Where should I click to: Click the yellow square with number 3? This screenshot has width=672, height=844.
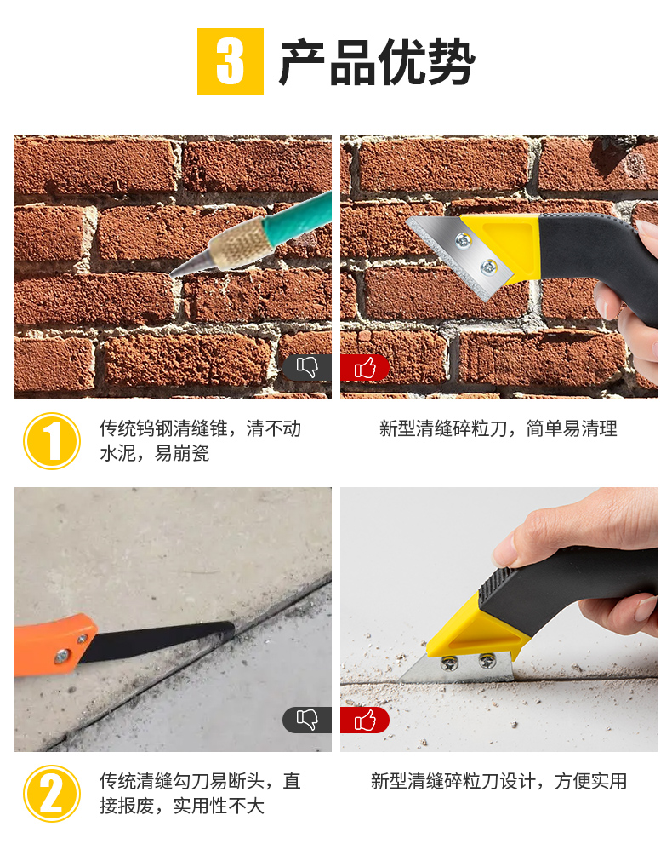point(230,61)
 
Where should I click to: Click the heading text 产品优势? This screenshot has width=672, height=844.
point(376,62)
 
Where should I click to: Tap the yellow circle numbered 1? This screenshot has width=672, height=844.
point(52,441)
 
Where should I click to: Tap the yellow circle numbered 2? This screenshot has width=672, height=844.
point(52,794)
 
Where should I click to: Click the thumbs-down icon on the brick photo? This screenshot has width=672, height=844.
point(307,368)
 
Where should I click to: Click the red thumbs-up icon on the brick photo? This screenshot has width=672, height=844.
point(364,368)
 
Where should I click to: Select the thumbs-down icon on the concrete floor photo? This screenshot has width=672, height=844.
point(307,720)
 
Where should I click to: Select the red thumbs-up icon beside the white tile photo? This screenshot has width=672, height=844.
point(364,720)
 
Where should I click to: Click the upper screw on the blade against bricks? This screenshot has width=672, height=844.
point(463,240)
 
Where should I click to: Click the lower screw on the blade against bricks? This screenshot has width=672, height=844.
point(488,266)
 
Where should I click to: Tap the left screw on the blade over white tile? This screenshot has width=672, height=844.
point(449,664)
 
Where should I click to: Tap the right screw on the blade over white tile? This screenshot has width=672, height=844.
point(487,660)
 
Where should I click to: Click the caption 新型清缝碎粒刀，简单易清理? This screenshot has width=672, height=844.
point(498,428)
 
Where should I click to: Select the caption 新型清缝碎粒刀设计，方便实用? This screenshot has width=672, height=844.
point(498,781)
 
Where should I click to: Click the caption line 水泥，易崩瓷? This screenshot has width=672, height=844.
point(154,453)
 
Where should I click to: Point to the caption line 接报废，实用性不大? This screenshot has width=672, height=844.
point(182,806)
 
